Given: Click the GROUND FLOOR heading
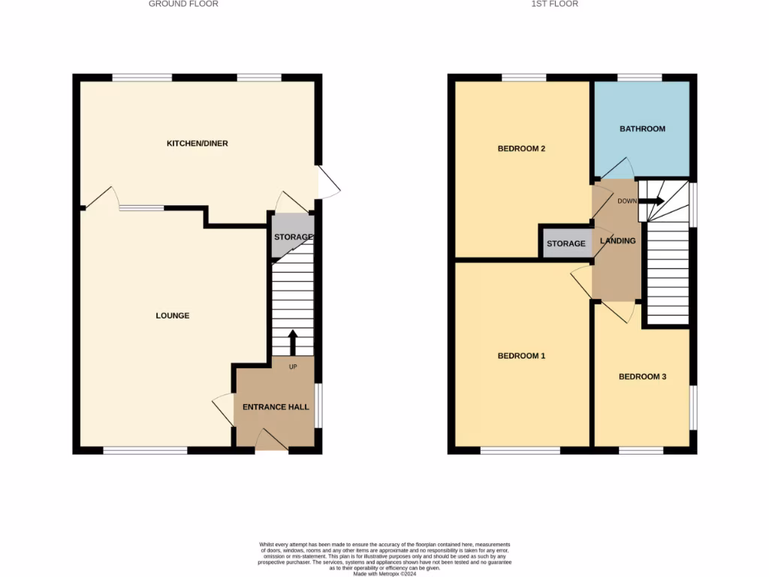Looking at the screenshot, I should pos(183,4).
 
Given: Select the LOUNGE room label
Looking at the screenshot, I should pos(172,316).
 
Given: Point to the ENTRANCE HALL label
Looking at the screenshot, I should pos(276,407).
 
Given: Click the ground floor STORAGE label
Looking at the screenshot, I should pos(293,237).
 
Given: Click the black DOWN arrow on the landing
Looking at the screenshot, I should pos(651,201).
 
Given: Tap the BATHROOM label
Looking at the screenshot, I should pos(642,128).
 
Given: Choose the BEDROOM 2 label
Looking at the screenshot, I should pos(521,149).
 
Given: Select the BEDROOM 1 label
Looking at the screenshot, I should pos(521,356).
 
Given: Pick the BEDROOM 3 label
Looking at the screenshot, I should pos(642,377).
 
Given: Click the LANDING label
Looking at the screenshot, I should pos(618,241).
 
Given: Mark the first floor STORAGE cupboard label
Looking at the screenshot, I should pos(565,244).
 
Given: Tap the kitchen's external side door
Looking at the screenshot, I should pos(328,182).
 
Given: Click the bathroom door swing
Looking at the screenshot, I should pos(616,170).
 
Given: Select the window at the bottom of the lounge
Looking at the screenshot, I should pos(145,451).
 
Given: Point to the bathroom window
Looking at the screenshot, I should pos(640,77).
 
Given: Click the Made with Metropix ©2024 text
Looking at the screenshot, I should pos(384,573).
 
